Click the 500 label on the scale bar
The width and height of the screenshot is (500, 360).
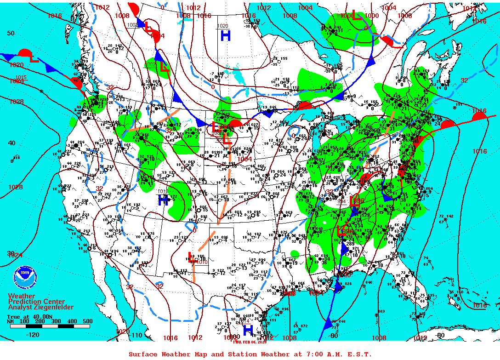[x=87, y=321]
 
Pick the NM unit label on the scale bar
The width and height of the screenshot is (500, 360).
[x=10, y=321]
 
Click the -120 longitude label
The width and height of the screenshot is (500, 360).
[x=33, y=335]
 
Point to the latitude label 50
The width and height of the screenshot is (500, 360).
[x=11, y=33]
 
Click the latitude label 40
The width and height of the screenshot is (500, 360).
[x=11, y=143]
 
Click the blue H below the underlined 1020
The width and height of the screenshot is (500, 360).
[x=225, y=35]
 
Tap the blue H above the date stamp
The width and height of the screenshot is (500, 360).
[x=248, y=330]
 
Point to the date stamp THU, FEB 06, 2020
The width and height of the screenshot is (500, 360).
[x=250, y=342]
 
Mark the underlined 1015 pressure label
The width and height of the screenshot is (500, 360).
[x=21, y=77]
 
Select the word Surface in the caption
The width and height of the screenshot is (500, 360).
[x=142, y=354]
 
